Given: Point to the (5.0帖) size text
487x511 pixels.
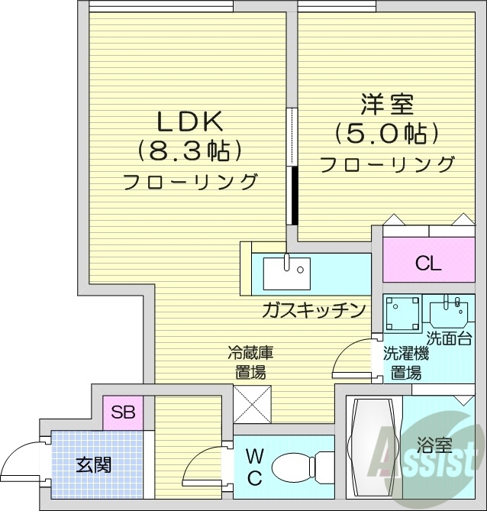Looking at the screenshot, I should pyautogui.click(x=388, y=134).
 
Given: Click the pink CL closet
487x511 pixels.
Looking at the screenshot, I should pyautogui.click(x=428, y=264).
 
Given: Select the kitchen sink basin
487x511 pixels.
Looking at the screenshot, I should pyautogui.click(x=286, y=272).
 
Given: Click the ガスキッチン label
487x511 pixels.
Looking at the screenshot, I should pyautogui.click(x=313, y=311).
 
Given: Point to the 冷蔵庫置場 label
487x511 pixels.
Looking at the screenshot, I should pyautogui.click(x=250, y=363).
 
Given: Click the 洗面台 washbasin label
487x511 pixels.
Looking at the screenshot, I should pyautogui.click(x=449, y=338).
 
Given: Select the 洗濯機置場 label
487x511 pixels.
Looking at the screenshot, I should pyautogui.click(x=405, y=364).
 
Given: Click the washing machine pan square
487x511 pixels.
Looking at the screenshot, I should pyautogui.click(x=402, y=313).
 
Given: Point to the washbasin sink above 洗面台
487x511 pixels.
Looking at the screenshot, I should pyautogui.click(x=450, y=312).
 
